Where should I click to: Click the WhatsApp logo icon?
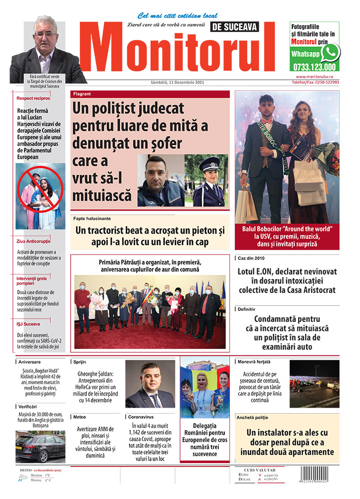(330, 52)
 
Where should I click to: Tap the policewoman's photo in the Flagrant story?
(206, 181)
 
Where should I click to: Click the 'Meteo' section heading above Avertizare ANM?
(80, 416)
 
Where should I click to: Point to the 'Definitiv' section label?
(247, 309)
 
